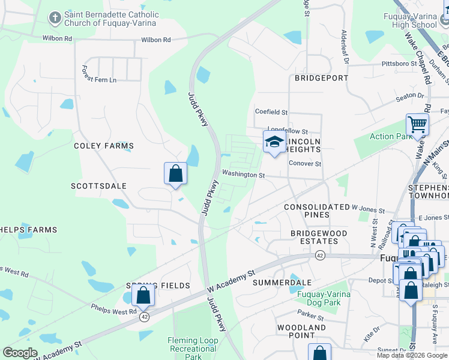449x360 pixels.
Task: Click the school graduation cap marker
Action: pyautogui.click(x=274, y=142)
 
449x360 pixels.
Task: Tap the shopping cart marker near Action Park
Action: pyautogui.click(x=417, y=125)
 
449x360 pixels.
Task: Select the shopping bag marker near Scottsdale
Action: pyautogui.click(x=175, y=173)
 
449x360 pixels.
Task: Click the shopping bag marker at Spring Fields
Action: pyautogui.click(x=143, y=296)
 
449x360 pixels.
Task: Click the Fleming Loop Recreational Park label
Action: pyautogui.click(x=193, y=349)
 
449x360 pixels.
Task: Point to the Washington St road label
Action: pyautogui.click(x=243, y=175)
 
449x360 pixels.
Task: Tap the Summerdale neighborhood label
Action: pyautogui.click(x=282, y=282)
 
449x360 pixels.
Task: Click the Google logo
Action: pyautogui.click(x=20, y=352)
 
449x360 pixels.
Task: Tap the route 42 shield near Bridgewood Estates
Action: pyautogui.click(x=319, y=256)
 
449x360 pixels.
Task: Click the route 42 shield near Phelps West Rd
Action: pyautogui.click(x=144, y=317)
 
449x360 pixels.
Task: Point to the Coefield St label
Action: pyautogui.click(x=271, y=112)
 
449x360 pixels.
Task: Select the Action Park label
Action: pyautogui.click(x=391, y=136)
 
